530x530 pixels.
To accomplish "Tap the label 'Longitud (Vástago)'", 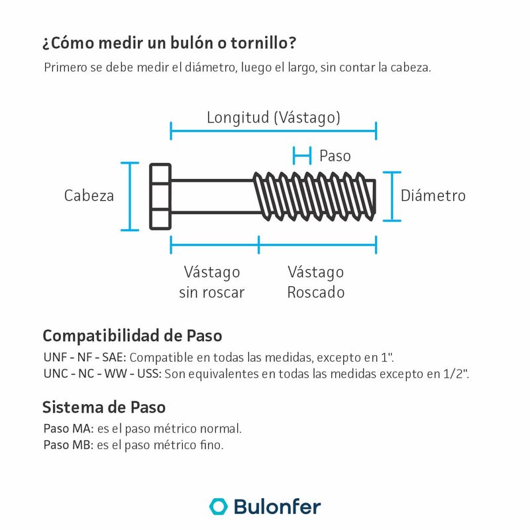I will (x=274, y=118).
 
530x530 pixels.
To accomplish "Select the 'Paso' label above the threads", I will (x=335, y=156).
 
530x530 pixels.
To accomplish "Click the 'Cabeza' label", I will (x=89, y=196).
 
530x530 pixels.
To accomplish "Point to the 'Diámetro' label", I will (x=433, y=196).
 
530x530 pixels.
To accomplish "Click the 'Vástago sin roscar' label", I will (x=211, y=282).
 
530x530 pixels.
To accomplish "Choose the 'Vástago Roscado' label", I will (x=316, y=282).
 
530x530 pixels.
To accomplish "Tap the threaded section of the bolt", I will (x=315, y=197).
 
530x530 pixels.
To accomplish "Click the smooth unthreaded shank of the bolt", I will (x=213, y=197).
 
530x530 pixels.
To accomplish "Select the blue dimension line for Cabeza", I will (x=130, y=196).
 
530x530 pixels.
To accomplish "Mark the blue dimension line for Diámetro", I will (x=393, y=196).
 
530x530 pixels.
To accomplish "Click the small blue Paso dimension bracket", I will (x=302, y=156).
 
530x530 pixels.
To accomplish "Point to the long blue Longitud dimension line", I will (x=274, y=131).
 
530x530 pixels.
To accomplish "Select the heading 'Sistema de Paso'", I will (x=104, y=406).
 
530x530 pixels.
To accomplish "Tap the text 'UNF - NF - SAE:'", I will (x=83, y=358).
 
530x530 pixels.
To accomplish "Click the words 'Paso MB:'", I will (x=68, y=445).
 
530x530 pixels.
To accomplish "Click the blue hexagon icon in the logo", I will (x=218, y=506).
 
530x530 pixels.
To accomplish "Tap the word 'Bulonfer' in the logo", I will (x=277, y=507).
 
